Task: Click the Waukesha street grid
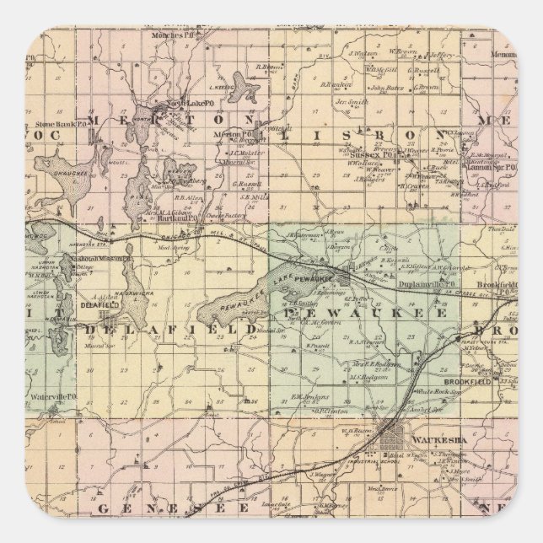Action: pyautogui.click(x=393, y=439)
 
